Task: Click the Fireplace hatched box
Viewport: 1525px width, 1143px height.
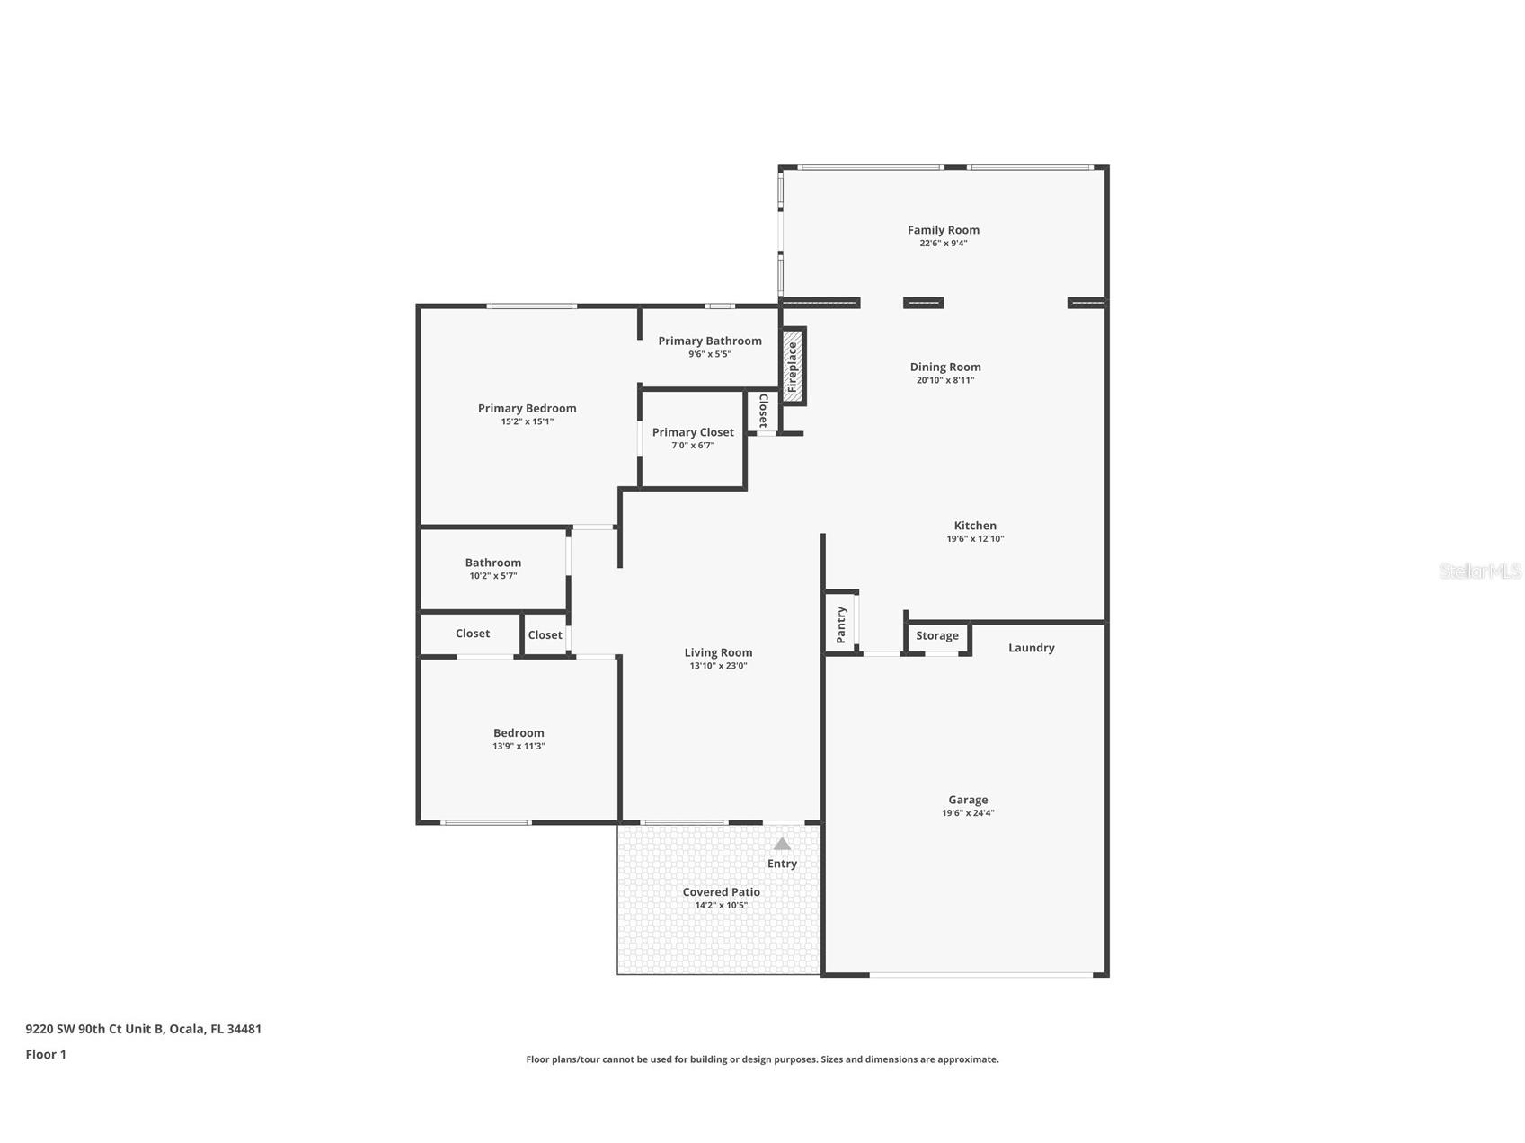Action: (x=793, y=367)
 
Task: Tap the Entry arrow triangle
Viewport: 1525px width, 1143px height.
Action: (x=782, y=844)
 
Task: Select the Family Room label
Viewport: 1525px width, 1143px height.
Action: (x=943, y=230)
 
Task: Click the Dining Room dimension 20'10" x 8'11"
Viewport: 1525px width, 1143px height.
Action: (x=944, y=380)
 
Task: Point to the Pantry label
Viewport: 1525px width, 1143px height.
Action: (x=841, y=625)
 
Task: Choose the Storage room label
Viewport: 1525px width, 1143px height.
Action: (x=936, y=636)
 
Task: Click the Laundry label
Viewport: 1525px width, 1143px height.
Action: (x=1031, y=648)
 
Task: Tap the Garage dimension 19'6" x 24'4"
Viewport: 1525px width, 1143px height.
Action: (x=967, y=813)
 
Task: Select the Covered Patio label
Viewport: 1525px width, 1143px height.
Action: (x=721, y=892)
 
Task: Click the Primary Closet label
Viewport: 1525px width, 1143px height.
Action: (x=692, y=432)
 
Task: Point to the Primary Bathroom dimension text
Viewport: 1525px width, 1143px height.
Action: (x=709, y=354)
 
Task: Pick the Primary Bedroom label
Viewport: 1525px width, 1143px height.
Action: (x=527, y=408)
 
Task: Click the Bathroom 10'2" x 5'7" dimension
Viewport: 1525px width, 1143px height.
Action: (x=492, y=576)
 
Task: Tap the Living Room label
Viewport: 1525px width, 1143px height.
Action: (x=718, y=653)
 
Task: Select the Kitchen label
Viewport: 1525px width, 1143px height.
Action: (x=974, y=526)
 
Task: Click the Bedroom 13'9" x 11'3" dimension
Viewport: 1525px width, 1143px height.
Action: (x=519, y=746)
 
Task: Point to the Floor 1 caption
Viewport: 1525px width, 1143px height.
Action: (x=46, y=1055)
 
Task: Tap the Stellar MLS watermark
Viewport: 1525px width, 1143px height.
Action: (x=1479, y=571)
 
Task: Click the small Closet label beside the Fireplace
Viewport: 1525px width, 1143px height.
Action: (x=763, y=411)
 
